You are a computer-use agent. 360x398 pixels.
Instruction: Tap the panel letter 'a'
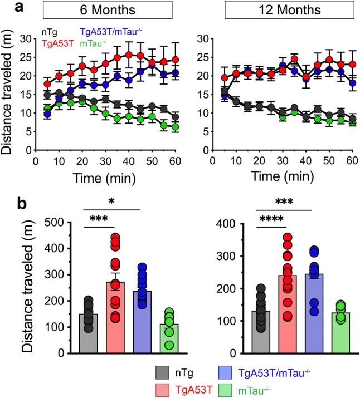tap(8, 8)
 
